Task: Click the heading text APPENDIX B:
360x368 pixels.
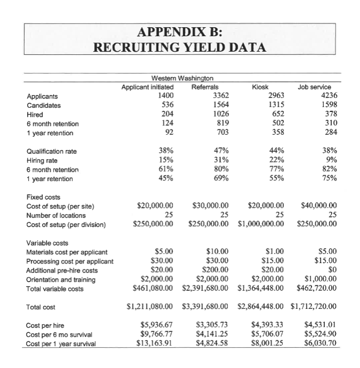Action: (x=180, y=31)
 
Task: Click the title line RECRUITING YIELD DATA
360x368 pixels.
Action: (x=180, y=48)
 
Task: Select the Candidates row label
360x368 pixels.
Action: (x=43, y=105)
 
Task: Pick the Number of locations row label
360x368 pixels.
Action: (x=56, y=215)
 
